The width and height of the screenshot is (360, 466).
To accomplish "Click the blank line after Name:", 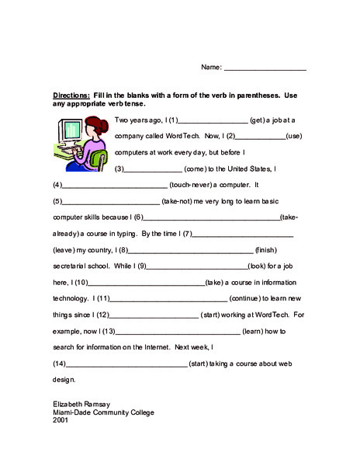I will point(265,69).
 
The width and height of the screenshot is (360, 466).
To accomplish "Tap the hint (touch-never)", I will point(193,186).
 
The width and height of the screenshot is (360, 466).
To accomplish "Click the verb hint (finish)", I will point(265,250).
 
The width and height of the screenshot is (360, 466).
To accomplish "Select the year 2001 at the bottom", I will point(60,420).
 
